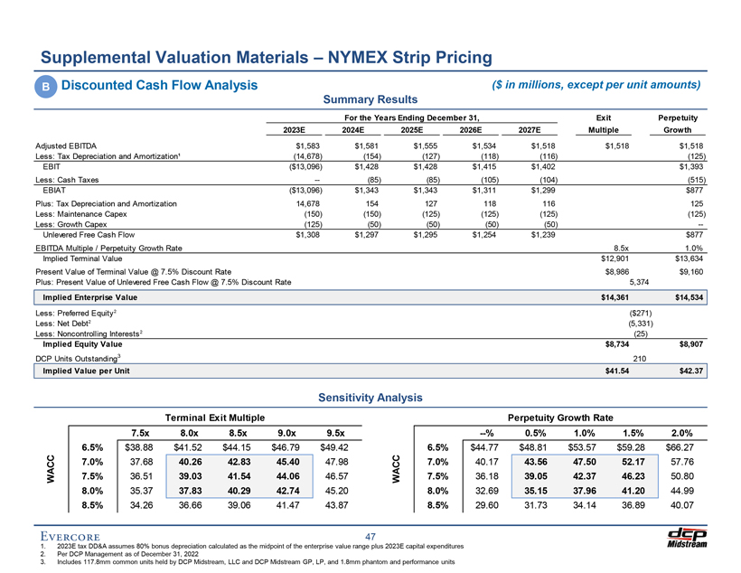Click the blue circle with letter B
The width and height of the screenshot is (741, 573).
point(44,87)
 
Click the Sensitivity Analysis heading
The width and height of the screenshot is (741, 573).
point(370,397)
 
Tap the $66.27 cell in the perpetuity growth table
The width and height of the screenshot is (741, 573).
point(677,447)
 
